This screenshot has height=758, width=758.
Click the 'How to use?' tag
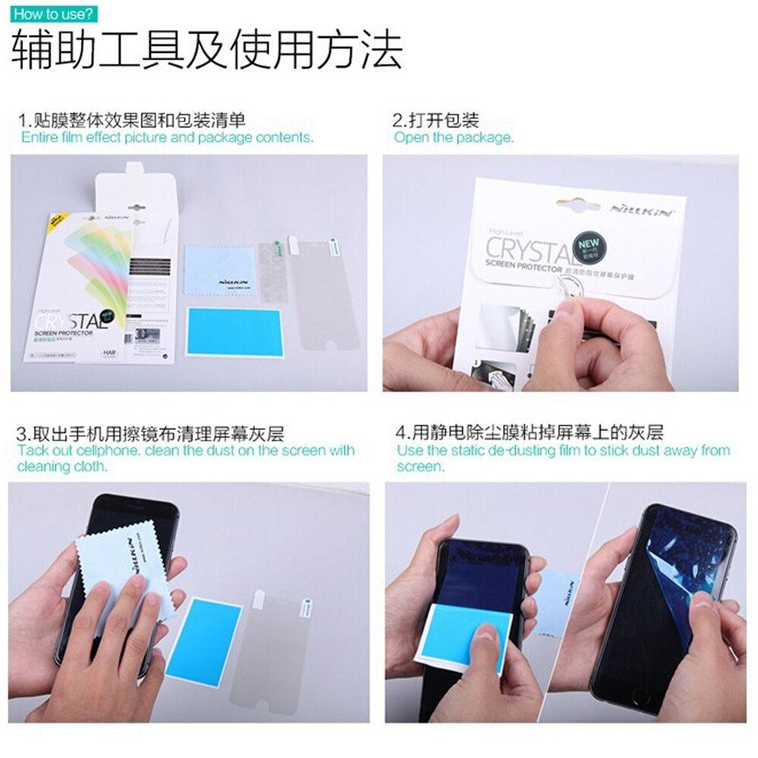point(54,14)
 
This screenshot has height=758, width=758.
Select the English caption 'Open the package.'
point(453,138)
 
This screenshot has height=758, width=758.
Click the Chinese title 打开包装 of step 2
point(436,121)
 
